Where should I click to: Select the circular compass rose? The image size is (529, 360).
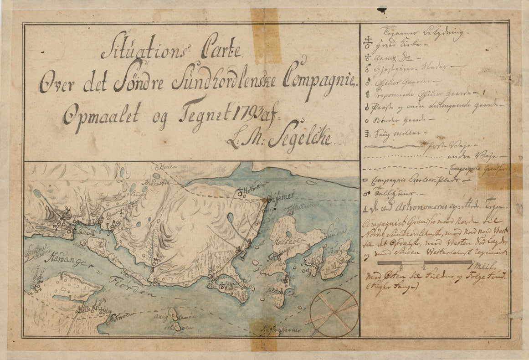tap(334, 312)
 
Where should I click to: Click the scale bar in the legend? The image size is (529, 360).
tap(424, 262)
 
